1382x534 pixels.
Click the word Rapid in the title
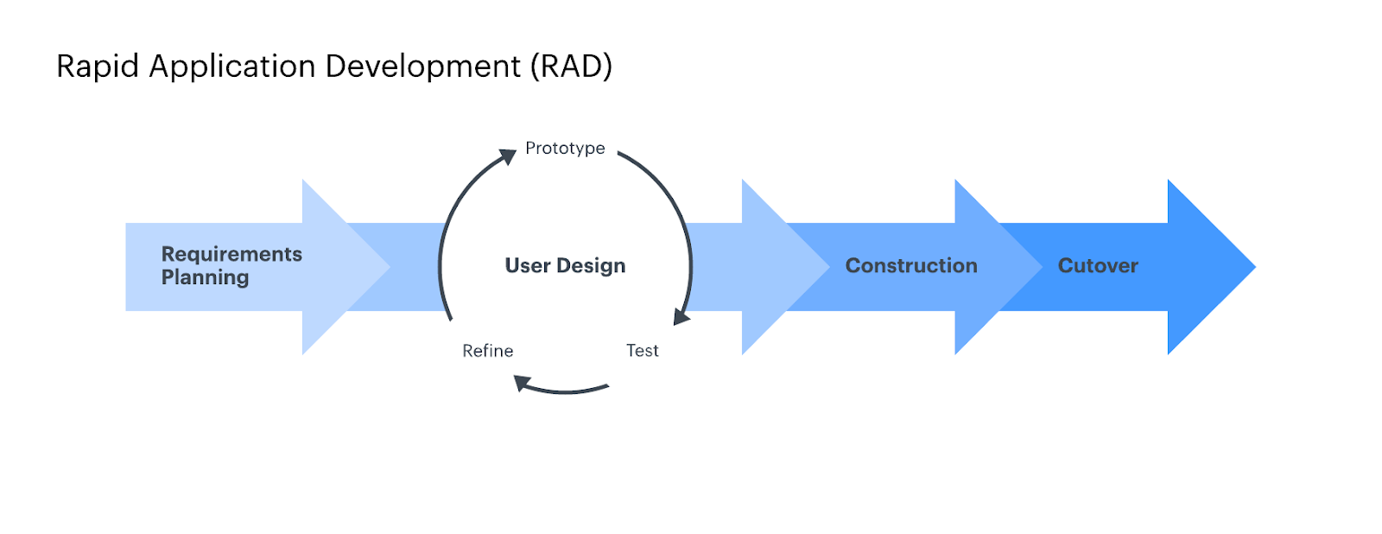[98, 67]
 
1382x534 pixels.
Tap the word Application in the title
[232, 67]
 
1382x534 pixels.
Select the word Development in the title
[423, 67]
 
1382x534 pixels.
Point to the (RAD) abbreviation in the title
[572, 67]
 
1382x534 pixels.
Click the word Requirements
[232, 254]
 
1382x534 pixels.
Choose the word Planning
[205, 278]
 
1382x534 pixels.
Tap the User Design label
[565, 265]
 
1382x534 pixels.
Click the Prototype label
[565, 148]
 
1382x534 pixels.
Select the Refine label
[488, 351]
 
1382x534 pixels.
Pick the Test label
[643, 351]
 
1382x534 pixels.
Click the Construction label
[911, 265]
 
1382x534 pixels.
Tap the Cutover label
[1098, 265]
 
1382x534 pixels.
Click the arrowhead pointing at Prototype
[509, 156]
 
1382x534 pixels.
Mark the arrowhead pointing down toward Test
[681, 317]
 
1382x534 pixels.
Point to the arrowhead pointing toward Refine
[523, 383]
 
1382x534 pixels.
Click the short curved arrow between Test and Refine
[562, 391]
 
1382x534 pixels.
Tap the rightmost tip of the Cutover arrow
[1256, 267]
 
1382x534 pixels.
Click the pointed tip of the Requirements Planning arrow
[390, 267]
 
